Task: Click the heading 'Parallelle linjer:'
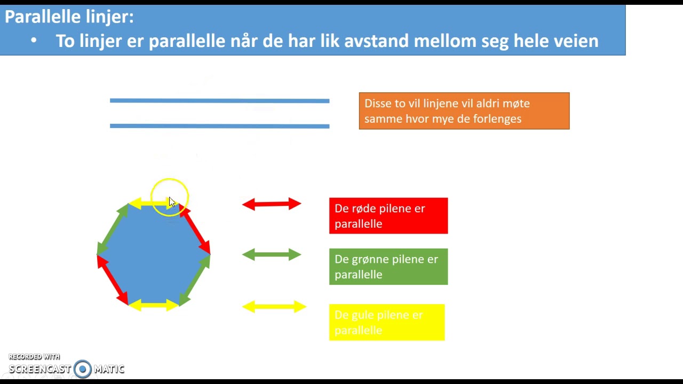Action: tap(69, 17)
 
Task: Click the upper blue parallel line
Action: tap(219, 100)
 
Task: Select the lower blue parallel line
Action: tap(219, 126)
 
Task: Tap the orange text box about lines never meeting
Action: tap(464, 111)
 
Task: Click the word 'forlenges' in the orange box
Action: tap(496, 119)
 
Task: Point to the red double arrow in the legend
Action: tap(272, 204)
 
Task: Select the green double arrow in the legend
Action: tap(272, 255)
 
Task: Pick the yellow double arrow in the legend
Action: tap(274, 307)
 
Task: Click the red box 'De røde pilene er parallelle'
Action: tap(388, 216)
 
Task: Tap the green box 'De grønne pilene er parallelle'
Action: tap(388, 267)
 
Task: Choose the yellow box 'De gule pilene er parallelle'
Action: tap(386, 323)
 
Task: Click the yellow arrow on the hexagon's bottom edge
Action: tap(154, 305)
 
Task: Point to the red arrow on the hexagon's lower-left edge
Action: tap(113, 280)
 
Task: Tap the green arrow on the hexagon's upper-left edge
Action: tap(113, 229)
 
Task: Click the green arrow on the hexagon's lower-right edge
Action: tap(195, 280)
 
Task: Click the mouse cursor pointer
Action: tap(171, 202)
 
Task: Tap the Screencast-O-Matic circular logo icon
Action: tap(83, 369)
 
